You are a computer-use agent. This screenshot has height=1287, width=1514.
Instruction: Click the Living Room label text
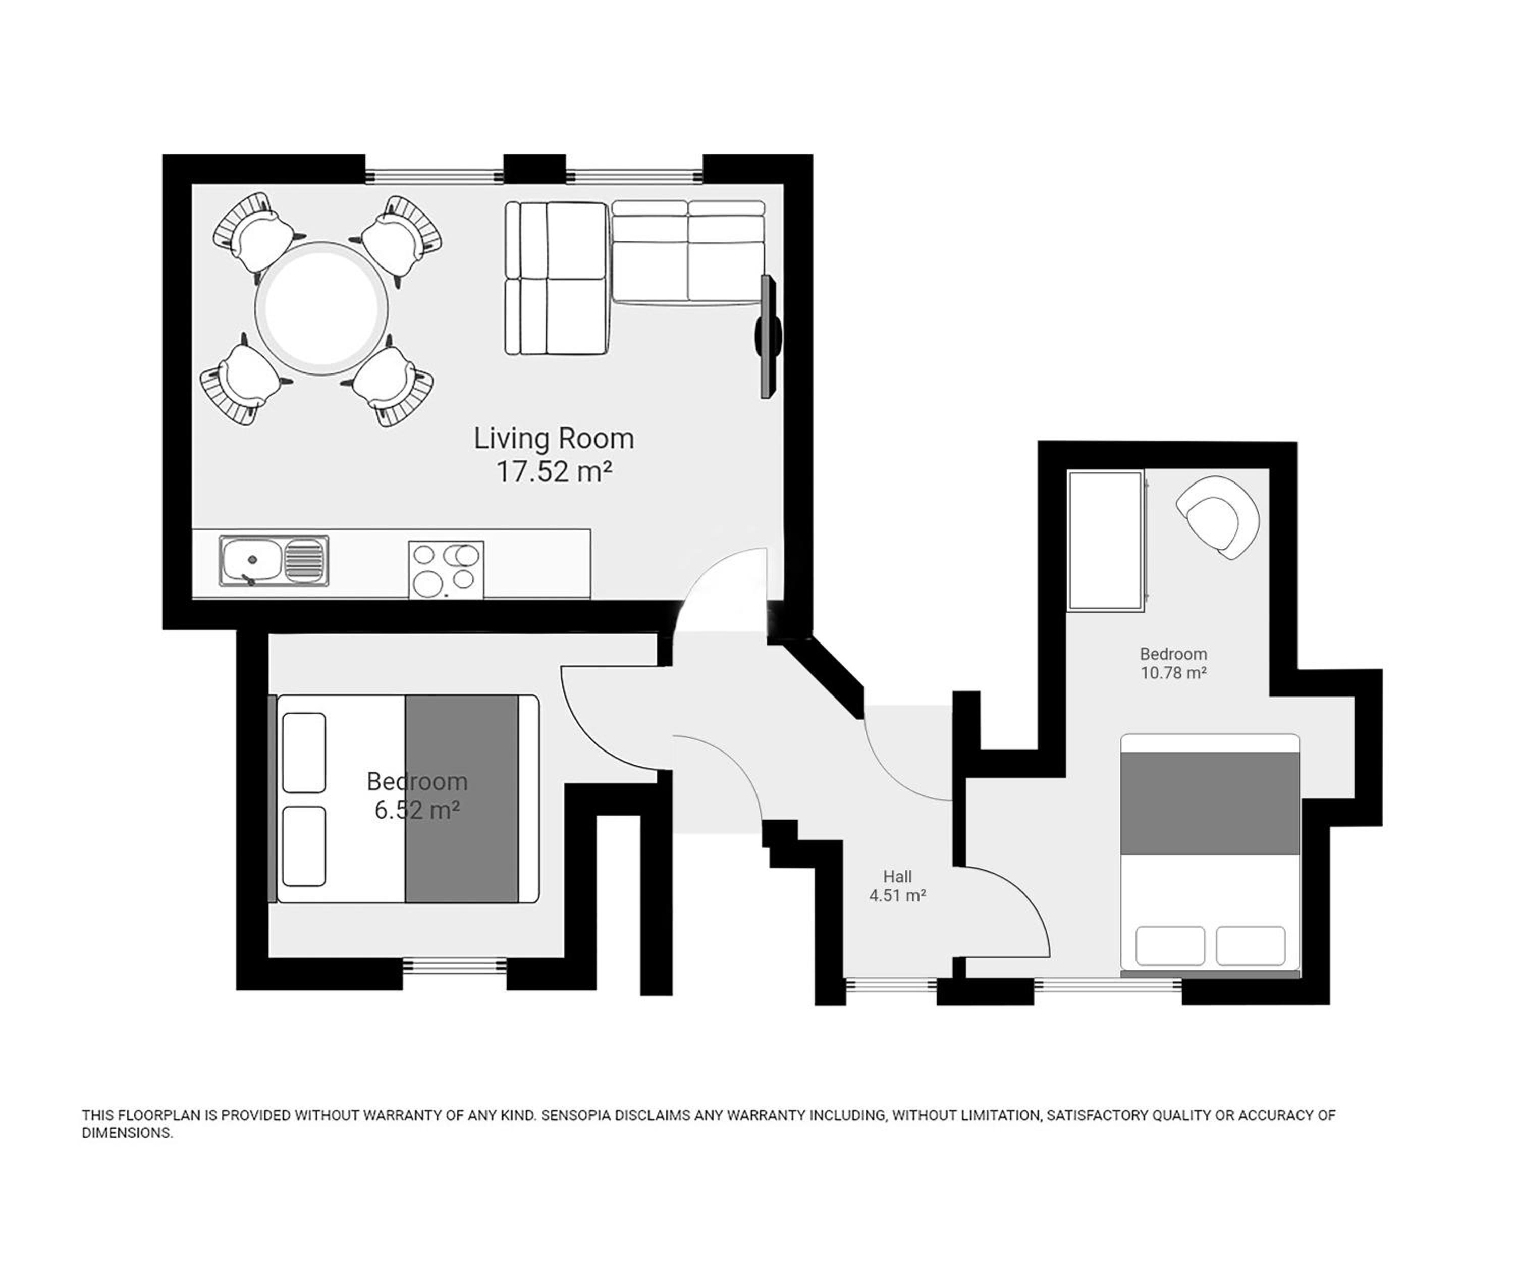click(553, 439)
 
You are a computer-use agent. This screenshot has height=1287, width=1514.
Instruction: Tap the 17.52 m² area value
click(553, 472)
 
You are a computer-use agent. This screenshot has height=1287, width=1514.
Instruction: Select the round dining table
click(321, 308)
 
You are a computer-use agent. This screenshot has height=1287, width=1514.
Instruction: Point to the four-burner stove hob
click(446, 570)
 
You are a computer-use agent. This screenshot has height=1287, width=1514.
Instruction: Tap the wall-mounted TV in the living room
click(768, 336)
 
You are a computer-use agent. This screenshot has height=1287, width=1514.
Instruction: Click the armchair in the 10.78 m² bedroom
click(1216, 516)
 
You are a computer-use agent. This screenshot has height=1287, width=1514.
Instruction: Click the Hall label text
click(897, 876)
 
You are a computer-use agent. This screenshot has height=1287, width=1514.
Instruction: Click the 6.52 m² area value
click(417, 810)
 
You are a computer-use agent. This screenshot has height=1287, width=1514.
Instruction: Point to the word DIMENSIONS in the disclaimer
click(127, 1133)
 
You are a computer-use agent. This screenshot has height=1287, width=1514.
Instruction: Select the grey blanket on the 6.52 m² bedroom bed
click(461, 799)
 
